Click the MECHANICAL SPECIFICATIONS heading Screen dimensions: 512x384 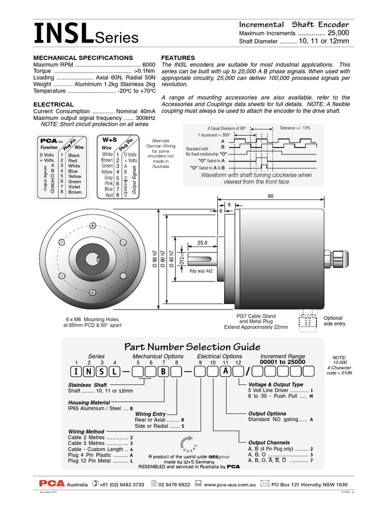tap(83, 58)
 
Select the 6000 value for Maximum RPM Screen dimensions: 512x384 tap(149, 65)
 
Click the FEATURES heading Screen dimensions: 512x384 tap(178, 58)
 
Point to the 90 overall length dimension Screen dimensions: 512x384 tap(270, 196)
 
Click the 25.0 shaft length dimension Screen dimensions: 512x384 tap(202, 242)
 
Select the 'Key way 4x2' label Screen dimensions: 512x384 tap(201, 270)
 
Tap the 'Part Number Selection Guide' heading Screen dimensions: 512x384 tap(192, 347)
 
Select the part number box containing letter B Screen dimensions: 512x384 tap(163, 371)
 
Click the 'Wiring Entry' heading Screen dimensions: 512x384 tap(150, 414)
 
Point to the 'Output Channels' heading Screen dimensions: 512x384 tap(269, 442)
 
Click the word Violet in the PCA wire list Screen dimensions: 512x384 tap(74, 187)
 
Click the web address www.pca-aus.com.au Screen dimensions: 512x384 tap(230, 484)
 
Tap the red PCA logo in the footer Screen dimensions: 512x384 tap(52, 483)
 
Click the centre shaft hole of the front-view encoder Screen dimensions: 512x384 tap(93, 259)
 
